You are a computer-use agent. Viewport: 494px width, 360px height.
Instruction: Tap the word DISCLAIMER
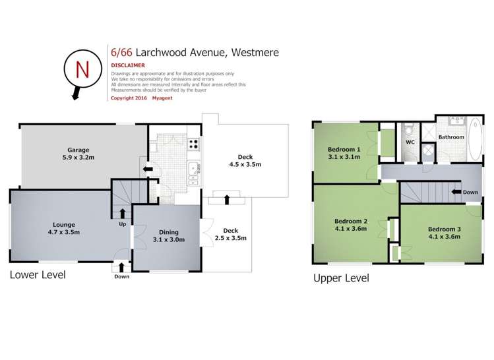128,66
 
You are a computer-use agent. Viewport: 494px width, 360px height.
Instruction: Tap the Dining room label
168,236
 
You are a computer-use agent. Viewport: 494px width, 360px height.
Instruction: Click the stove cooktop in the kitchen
194,144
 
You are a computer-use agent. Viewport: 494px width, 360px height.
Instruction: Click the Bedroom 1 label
344,153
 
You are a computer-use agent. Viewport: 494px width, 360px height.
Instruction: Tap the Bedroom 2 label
350,225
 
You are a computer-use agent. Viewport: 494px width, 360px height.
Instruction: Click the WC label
410,142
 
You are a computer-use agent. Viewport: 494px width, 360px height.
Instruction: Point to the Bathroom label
452,137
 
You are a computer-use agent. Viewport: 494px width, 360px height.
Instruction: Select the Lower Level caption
38,275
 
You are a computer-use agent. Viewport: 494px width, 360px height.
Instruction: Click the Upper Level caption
341,278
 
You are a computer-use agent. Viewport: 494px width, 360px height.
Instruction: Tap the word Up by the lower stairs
121,224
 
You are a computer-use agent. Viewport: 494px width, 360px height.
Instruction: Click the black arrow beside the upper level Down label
455,193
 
